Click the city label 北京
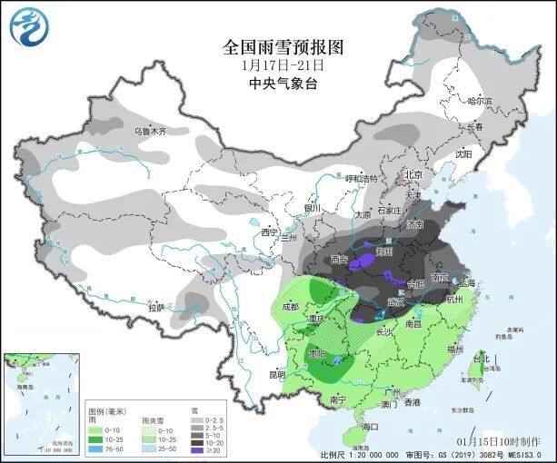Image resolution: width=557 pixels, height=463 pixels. point(413,174)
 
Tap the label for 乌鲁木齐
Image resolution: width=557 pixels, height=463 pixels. point(151,132)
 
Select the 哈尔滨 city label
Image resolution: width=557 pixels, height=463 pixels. point(479,101)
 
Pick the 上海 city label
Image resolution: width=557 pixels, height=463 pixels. point(469,283)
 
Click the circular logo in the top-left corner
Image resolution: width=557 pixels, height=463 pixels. point(26,26)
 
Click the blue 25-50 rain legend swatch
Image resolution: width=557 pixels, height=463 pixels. point(94,448)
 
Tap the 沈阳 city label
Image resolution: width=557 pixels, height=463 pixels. point(463,154)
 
